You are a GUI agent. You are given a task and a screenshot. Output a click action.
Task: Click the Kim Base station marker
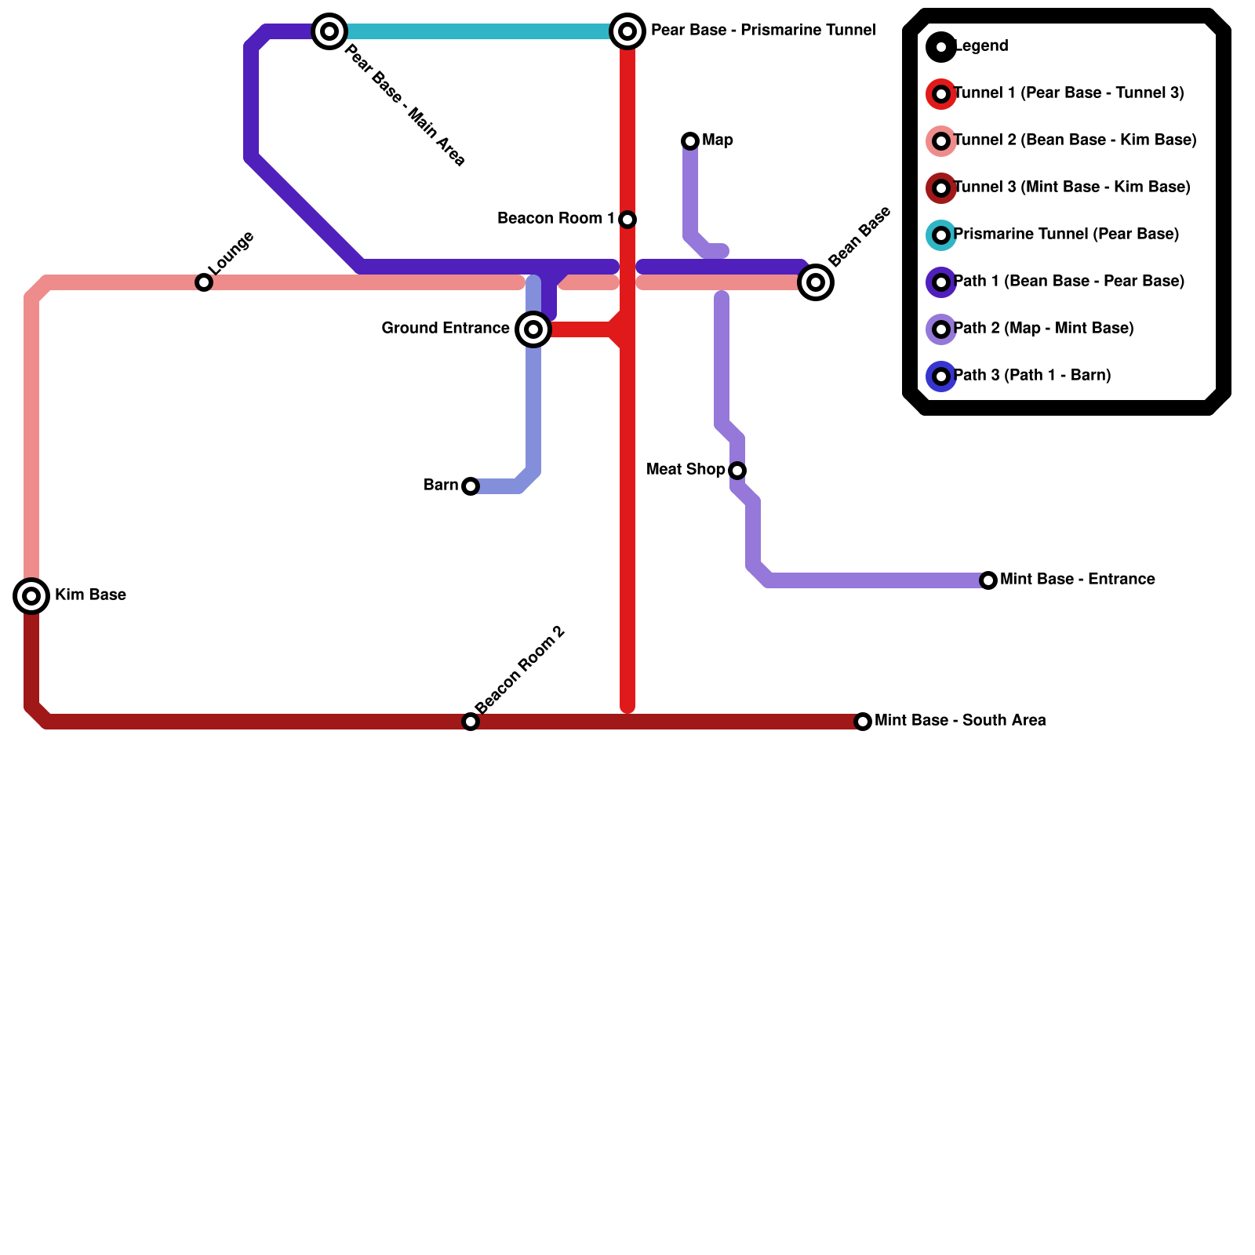click(31, 596)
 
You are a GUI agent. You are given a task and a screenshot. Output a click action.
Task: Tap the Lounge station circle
click(204, 282)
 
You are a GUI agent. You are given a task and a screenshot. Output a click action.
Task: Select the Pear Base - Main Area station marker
click(329, 31)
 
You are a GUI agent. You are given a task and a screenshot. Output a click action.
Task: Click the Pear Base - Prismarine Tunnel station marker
click(627, 31)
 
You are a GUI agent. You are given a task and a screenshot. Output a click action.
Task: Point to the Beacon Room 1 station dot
click(627, 220)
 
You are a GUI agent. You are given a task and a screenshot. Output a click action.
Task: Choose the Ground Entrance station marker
click(533, 329)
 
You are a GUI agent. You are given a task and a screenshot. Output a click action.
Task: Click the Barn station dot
click(471, 486)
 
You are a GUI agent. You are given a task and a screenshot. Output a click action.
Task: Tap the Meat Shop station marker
click(737, 471)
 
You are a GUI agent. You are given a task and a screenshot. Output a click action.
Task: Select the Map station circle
click(690, 141)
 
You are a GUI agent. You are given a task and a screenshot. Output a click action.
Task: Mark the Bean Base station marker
click(816, 282)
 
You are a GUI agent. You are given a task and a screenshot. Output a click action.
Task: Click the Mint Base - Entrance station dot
click(988, 580)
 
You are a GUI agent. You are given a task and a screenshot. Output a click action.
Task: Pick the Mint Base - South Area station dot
click(863, 722)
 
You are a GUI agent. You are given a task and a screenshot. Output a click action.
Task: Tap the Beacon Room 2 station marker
click(471, 722)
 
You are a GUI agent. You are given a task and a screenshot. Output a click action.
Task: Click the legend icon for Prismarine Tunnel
click(941, 235)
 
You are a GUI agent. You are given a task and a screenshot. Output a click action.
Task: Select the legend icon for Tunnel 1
click(941, 94)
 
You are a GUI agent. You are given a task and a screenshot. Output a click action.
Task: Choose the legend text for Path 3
click(1032, 376)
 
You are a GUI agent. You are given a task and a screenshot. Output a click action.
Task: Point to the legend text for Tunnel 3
click(1071, 187)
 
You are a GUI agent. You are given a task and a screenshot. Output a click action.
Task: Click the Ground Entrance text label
click(446, 329)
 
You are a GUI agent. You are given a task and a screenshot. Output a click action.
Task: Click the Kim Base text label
click(90, 595)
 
